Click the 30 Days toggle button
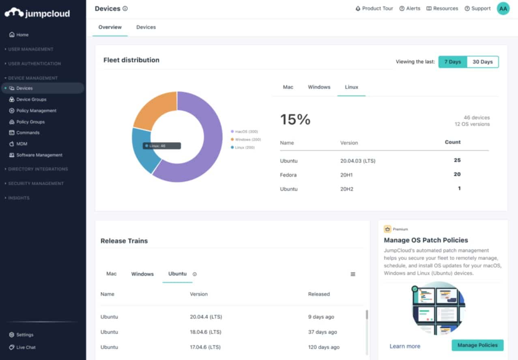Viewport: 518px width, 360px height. (482, 62)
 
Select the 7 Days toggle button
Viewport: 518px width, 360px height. (452, 62)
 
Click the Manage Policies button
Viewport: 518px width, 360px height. (477, 345)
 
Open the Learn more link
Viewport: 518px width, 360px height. (404, 346)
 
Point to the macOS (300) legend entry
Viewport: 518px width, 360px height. (246, 131)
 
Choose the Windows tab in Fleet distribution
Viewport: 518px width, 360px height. (319, 87)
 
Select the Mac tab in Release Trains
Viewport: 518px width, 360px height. (111, 274)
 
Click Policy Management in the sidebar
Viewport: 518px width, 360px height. (36, 110)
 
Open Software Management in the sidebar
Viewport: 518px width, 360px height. (39, 155)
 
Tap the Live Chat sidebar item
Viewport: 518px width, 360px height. (26, 347)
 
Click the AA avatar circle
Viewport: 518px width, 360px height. (503, 8)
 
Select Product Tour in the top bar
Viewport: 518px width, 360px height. (374, 8)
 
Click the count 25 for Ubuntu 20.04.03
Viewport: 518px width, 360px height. (457, 160)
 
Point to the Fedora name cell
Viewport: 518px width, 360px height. (288, 175)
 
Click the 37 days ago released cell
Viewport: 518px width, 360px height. (322, 332)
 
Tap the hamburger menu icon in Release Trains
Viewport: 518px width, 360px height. (352, 274)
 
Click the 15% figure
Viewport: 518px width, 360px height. (295, 119)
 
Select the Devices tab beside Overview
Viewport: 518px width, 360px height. (146, 27)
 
